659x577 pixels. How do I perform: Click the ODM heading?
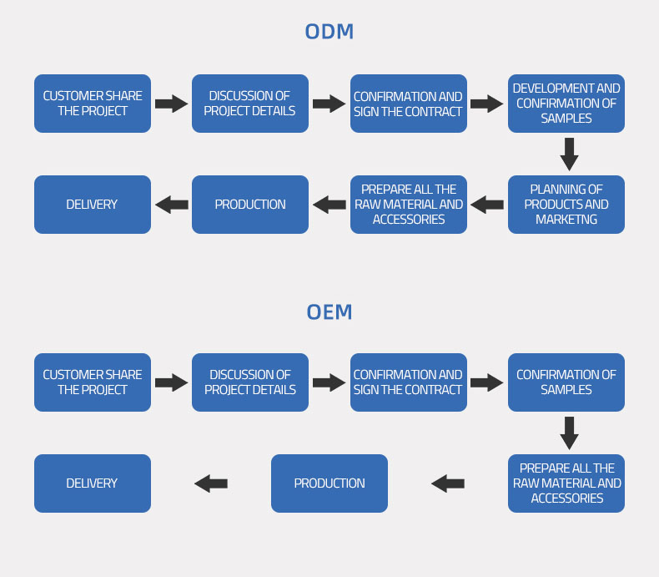click(x=329, y=32)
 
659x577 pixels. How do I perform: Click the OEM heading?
click(x=329, y=312)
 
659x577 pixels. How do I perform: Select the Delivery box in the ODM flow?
click(x=93, y=205)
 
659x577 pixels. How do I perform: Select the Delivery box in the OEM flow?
click(x=93, y=483)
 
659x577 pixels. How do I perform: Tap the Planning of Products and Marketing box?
click(x=566, y=205)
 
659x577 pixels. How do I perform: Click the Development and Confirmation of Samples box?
click(x=566, y=104)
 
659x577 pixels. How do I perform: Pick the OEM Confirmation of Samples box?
click(x=566, y=382)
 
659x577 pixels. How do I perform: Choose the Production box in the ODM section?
click(x=250, y=205)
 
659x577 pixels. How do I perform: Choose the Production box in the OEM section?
click(x=329, y=483)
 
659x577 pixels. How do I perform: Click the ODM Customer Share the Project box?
click(x=93, y=104)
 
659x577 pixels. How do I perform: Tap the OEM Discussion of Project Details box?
click(x=250, y=382)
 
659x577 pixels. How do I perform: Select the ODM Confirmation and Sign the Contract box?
click(x=409, y=104)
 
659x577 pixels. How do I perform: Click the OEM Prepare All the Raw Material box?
click(x=566, y=483)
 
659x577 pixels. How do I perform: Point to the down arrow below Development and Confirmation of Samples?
click(x=569, y=154)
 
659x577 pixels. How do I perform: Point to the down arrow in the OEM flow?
click(x=569, y=433)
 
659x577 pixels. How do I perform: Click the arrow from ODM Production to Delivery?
click(x=172, y=205)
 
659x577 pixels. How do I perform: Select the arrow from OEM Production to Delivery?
click(x=211, y=483)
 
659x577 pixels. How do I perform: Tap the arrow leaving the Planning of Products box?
click(x=487, y=205)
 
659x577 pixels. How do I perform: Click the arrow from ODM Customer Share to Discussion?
click(x=172, y=104)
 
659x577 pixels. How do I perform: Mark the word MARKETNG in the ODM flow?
click(x=566, y=220)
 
